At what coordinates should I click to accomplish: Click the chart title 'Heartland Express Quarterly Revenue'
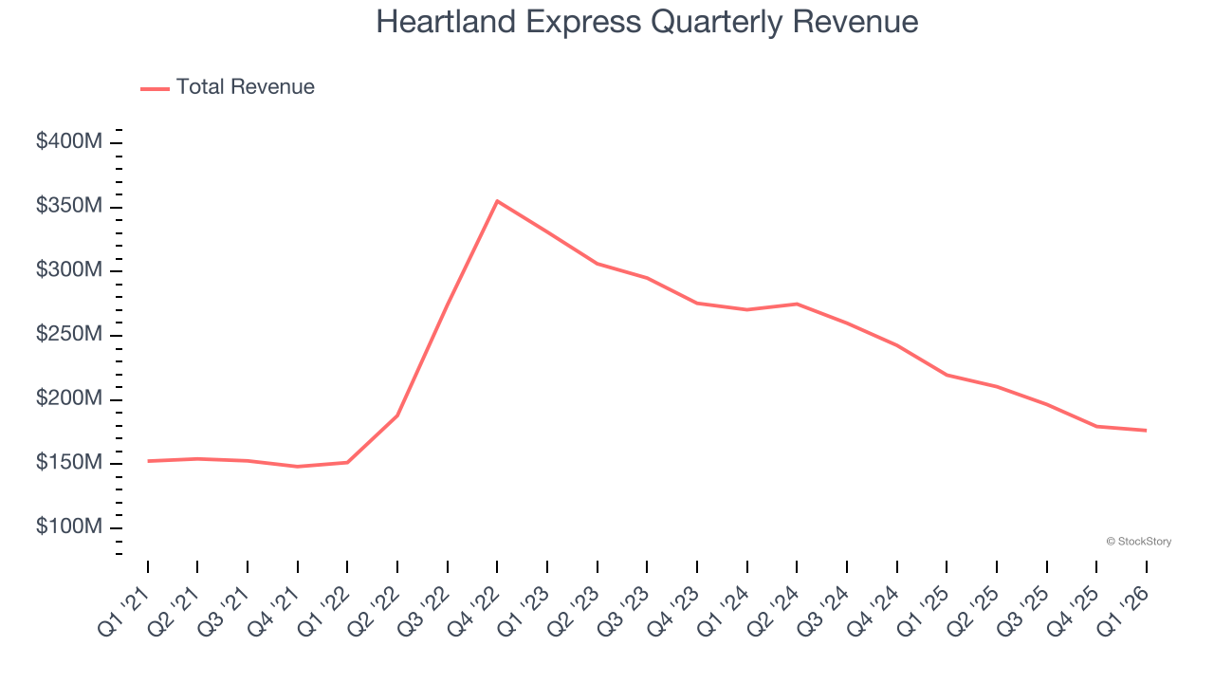pos(647,22)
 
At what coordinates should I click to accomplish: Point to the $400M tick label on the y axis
pos(69,142)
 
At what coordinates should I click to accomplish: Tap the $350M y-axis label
pos(69,207)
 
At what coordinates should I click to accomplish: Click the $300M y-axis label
pos(69,270)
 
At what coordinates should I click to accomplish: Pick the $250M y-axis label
pos(69,335)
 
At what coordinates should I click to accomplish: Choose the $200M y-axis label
pos(69,399)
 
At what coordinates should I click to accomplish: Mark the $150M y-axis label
pos(69,463)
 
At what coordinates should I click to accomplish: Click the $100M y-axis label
pos(69,527)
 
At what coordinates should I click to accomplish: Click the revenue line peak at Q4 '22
pos(497,201)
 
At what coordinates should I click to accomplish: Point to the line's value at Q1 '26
pos(1146,431)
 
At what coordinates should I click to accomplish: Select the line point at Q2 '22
pos(397,415)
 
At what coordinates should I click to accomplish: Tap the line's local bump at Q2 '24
pos(797,304)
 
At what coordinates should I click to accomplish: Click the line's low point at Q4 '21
pos(298,467)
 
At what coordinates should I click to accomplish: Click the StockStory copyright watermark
pos(1138,542)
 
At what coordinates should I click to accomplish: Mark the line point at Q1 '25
pos(947,375)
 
